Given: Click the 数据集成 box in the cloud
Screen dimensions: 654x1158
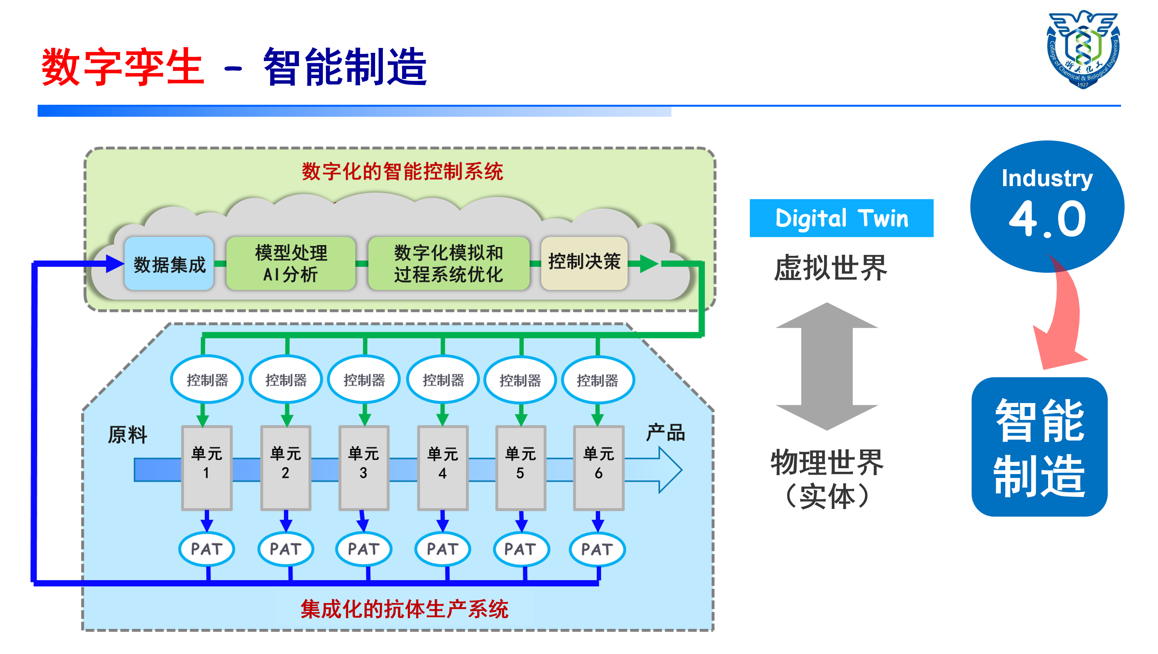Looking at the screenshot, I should click(169, 264).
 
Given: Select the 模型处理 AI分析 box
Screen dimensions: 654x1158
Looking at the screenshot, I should click(291, 264).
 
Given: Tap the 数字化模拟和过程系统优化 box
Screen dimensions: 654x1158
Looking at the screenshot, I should click(449, 264).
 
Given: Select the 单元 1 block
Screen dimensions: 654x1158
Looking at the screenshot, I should click(207, 468).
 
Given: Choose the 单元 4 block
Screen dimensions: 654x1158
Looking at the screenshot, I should click(443, 468).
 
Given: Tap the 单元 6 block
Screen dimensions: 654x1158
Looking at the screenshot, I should click(598, 468).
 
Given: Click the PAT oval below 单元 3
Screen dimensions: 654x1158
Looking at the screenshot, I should click(364, 549).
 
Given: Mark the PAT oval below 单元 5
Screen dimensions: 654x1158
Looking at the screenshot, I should click(521, 549).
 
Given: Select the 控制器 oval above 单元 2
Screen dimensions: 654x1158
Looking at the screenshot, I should click(286, 380).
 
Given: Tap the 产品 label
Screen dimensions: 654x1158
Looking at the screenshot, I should click(665, 433).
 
